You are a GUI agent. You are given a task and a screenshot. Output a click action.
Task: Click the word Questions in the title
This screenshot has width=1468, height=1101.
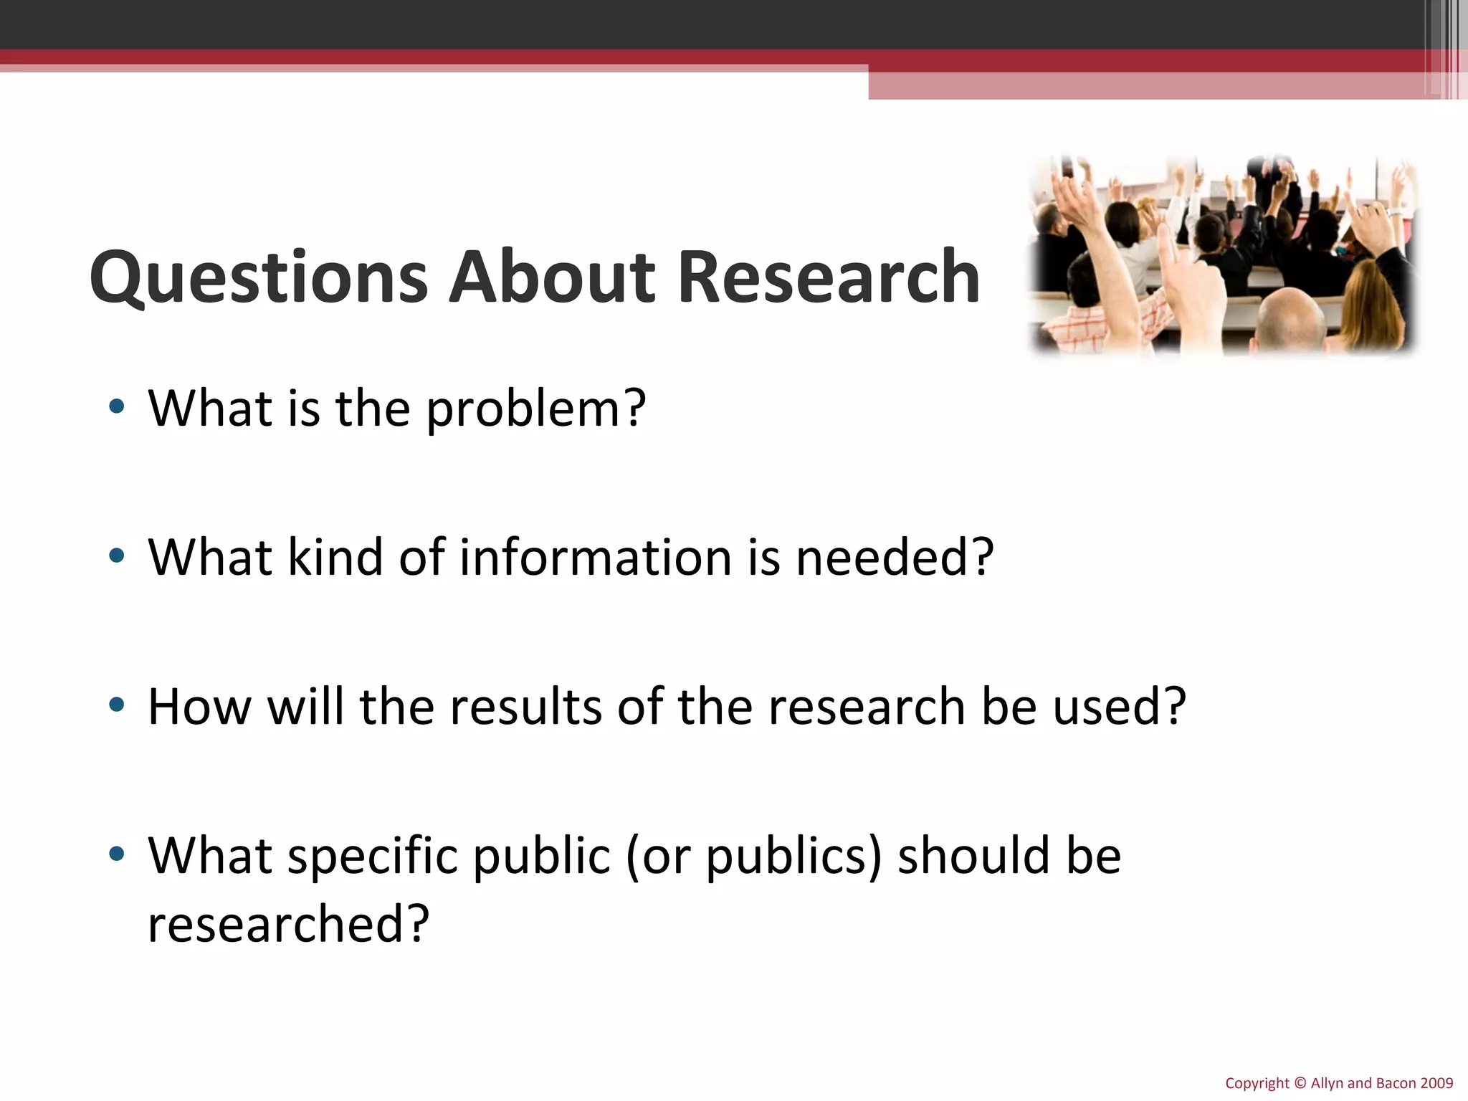(x=259, y=277)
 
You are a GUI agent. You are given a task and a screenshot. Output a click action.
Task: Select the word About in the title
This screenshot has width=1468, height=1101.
(x=551, y=277)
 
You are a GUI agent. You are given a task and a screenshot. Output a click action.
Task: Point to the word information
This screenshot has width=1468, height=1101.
(x=595, y=557)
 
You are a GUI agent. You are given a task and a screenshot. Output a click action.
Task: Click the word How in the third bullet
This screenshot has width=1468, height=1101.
(x=199, y=706)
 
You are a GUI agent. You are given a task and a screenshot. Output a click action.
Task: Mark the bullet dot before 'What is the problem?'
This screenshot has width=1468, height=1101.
(x=117, y=407)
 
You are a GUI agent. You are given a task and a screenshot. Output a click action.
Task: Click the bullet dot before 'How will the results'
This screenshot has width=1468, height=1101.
(x=117, y=705)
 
